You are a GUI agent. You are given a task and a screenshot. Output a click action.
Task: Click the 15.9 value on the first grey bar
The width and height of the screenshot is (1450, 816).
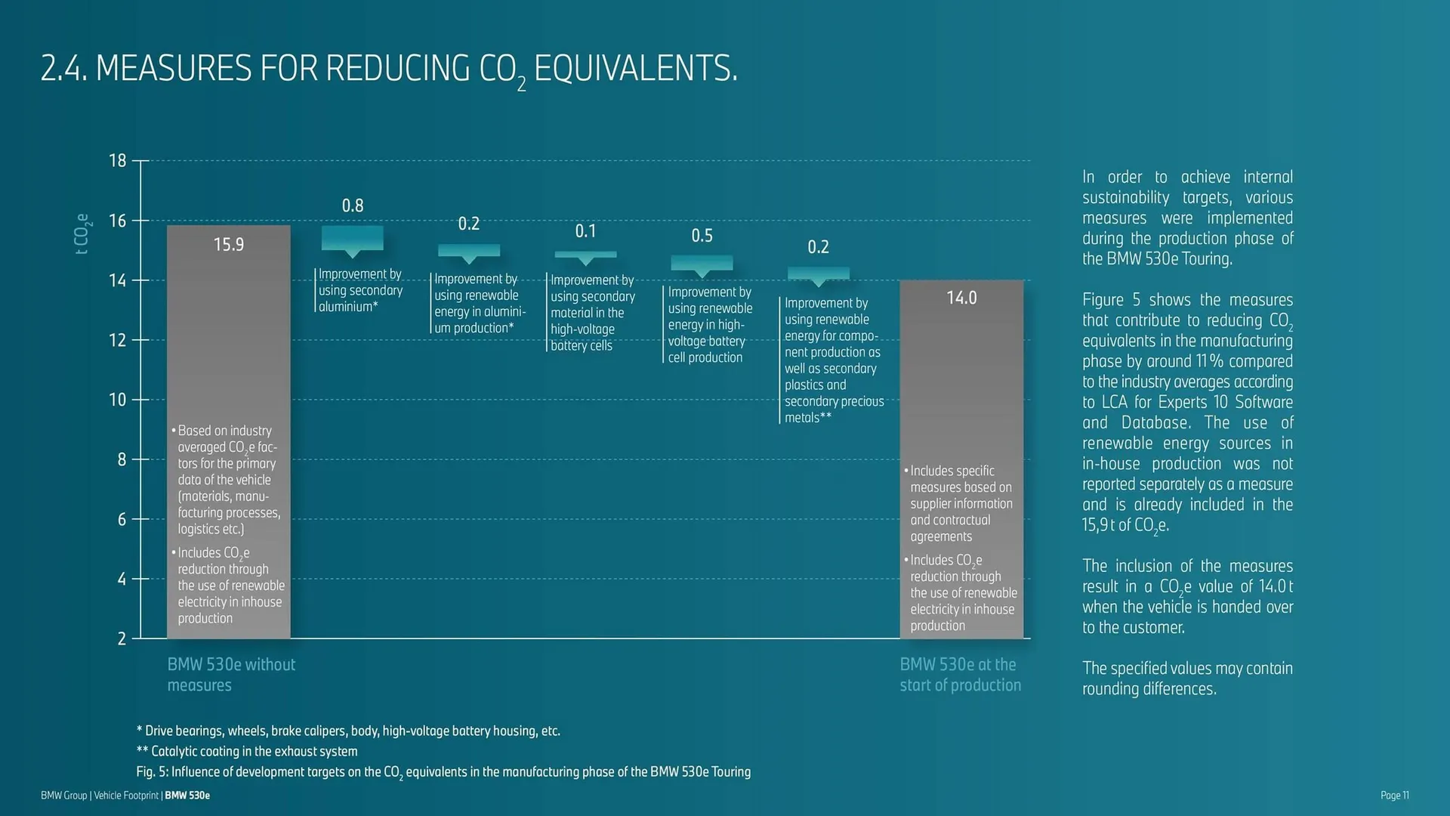228,245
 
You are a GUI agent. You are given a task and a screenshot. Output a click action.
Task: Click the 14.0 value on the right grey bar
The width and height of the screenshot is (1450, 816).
961,298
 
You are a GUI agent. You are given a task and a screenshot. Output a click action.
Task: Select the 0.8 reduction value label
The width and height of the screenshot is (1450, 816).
353,206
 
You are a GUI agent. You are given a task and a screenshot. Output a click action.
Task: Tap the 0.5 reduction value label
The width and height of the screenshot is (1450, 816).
702,236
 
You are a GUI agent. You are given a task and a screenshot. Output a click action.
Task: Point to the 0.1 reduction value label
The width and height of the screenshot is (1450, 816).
585,231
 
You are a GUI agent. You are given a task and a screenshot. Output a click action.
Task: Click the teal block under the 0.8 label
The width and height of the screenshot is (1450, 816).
352,239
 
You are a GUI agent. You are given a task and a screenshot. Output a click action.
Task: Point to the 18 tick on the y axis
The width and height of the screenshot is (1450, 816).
118,160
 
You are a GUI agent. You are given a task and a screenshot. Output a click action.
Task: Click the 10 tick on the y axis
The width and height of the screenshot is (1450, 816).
118,400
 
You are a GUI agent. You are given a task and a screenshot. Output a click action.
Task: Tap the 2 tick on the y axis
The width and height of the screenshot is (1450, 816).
122,639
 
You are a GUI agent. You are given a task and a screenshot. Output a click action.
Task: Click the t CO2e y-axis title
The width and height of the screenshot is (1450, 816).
82,233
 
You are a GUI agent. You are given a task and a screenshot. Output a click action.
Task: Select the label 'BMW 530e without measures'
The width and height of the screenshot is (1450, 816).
230,675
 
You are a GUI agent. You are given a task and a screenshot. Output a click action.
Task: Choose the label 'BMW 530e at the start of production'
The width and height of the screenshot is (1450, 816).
960,675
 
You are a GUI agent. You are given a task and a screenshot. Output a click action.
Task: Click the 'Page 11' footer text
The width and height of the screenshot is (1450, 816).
1394,795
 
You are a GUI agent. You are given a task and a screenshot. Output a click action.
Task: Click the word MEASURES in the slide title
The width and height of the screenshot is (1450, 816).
173,69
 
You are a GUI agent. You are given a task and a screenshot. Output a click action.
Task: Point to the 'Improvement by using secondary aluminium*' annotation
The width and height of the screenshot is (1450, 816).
359,290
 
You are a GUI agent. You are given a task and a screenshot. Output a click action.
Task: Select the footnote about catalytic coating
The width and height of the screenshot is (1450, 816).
247,751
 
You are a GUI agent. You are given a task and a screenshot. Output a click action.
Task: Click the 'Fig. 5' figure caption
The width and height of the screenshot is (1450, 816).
443,771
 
